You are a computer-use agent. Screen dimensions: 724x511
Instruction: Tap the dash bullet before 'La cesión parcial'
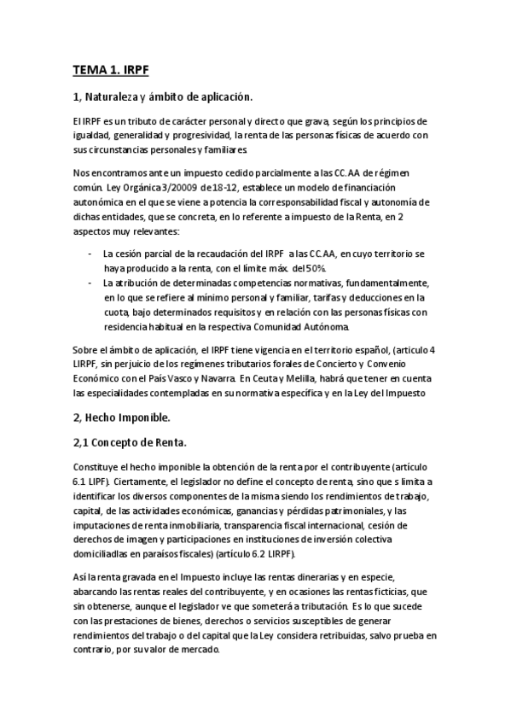[x=90, y=254]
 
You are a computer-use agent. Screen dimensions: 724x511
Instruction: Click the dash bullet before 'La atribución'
[x=90, y=283]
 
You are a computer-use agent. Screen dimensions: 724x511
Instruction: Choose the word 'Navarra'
[x=315, y=378]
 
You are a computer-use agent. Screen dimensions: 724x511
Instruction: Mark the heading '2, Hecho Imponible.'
[x=122, y=417]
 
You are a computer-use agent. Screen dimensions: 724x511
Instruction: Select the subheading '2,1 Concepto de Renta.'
[x=128, y=442]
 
